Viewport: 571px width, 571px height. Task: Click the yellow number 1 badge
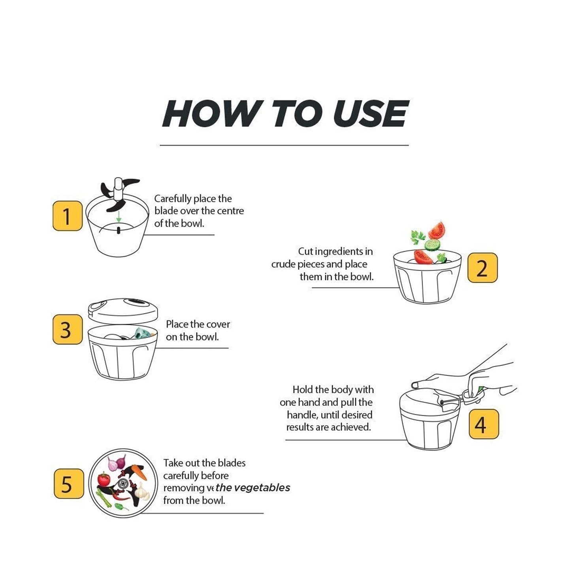[x=67, y=216]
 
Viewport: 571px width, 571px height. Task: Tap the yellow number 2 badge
[x=482, y=268]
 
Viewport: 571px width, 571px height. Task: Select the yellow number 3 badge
[x=67, y=330]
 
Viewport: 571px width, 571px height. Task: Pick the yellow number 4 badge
[x=484, y=424]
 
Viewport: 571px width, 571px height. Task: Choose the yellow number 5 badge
[x=68, y=484]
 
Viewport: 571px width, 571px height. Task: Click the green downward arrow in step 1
[x=119, y=216]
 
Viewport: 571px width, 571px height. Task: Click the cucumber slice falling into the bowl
[x=432, y=244]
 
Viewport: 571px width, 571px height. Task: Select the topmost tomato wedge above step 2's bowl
[x=437, y=230]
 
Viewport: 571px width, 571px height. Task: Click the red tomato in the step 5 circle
[x=104, y=479]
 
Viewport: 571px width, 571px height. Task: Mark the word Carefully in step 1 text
[x=172, y=199]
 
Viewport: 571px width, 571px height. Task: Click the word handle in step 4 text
[x=302, y=415]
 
